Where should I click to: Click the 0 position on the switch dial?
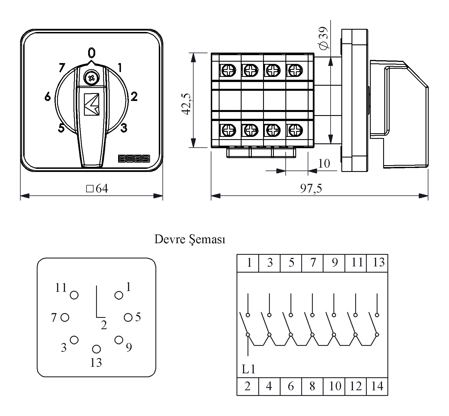91,53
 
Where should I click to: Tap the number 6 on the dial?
48,97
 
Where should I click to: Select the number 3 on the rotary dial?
124,128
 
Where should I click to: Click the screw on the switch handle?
91,78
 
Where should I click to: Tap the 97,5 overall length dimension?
311,189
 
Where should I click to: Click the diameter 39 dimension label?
323,38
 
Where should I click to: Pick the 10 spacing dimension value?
324,163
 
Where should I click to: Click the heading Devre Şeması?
190,240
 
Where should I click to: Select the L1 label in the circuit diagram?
248,369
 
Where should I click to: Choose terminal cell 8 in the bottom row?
312,386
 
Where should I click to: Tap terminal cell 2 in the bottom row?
248,386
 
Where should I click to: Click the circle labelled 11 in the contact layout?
74,295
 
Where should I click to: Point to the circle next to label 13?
96,349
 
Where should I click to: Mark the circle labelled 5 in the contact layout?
128,317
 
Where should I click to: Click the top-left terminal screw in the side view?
228,70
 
